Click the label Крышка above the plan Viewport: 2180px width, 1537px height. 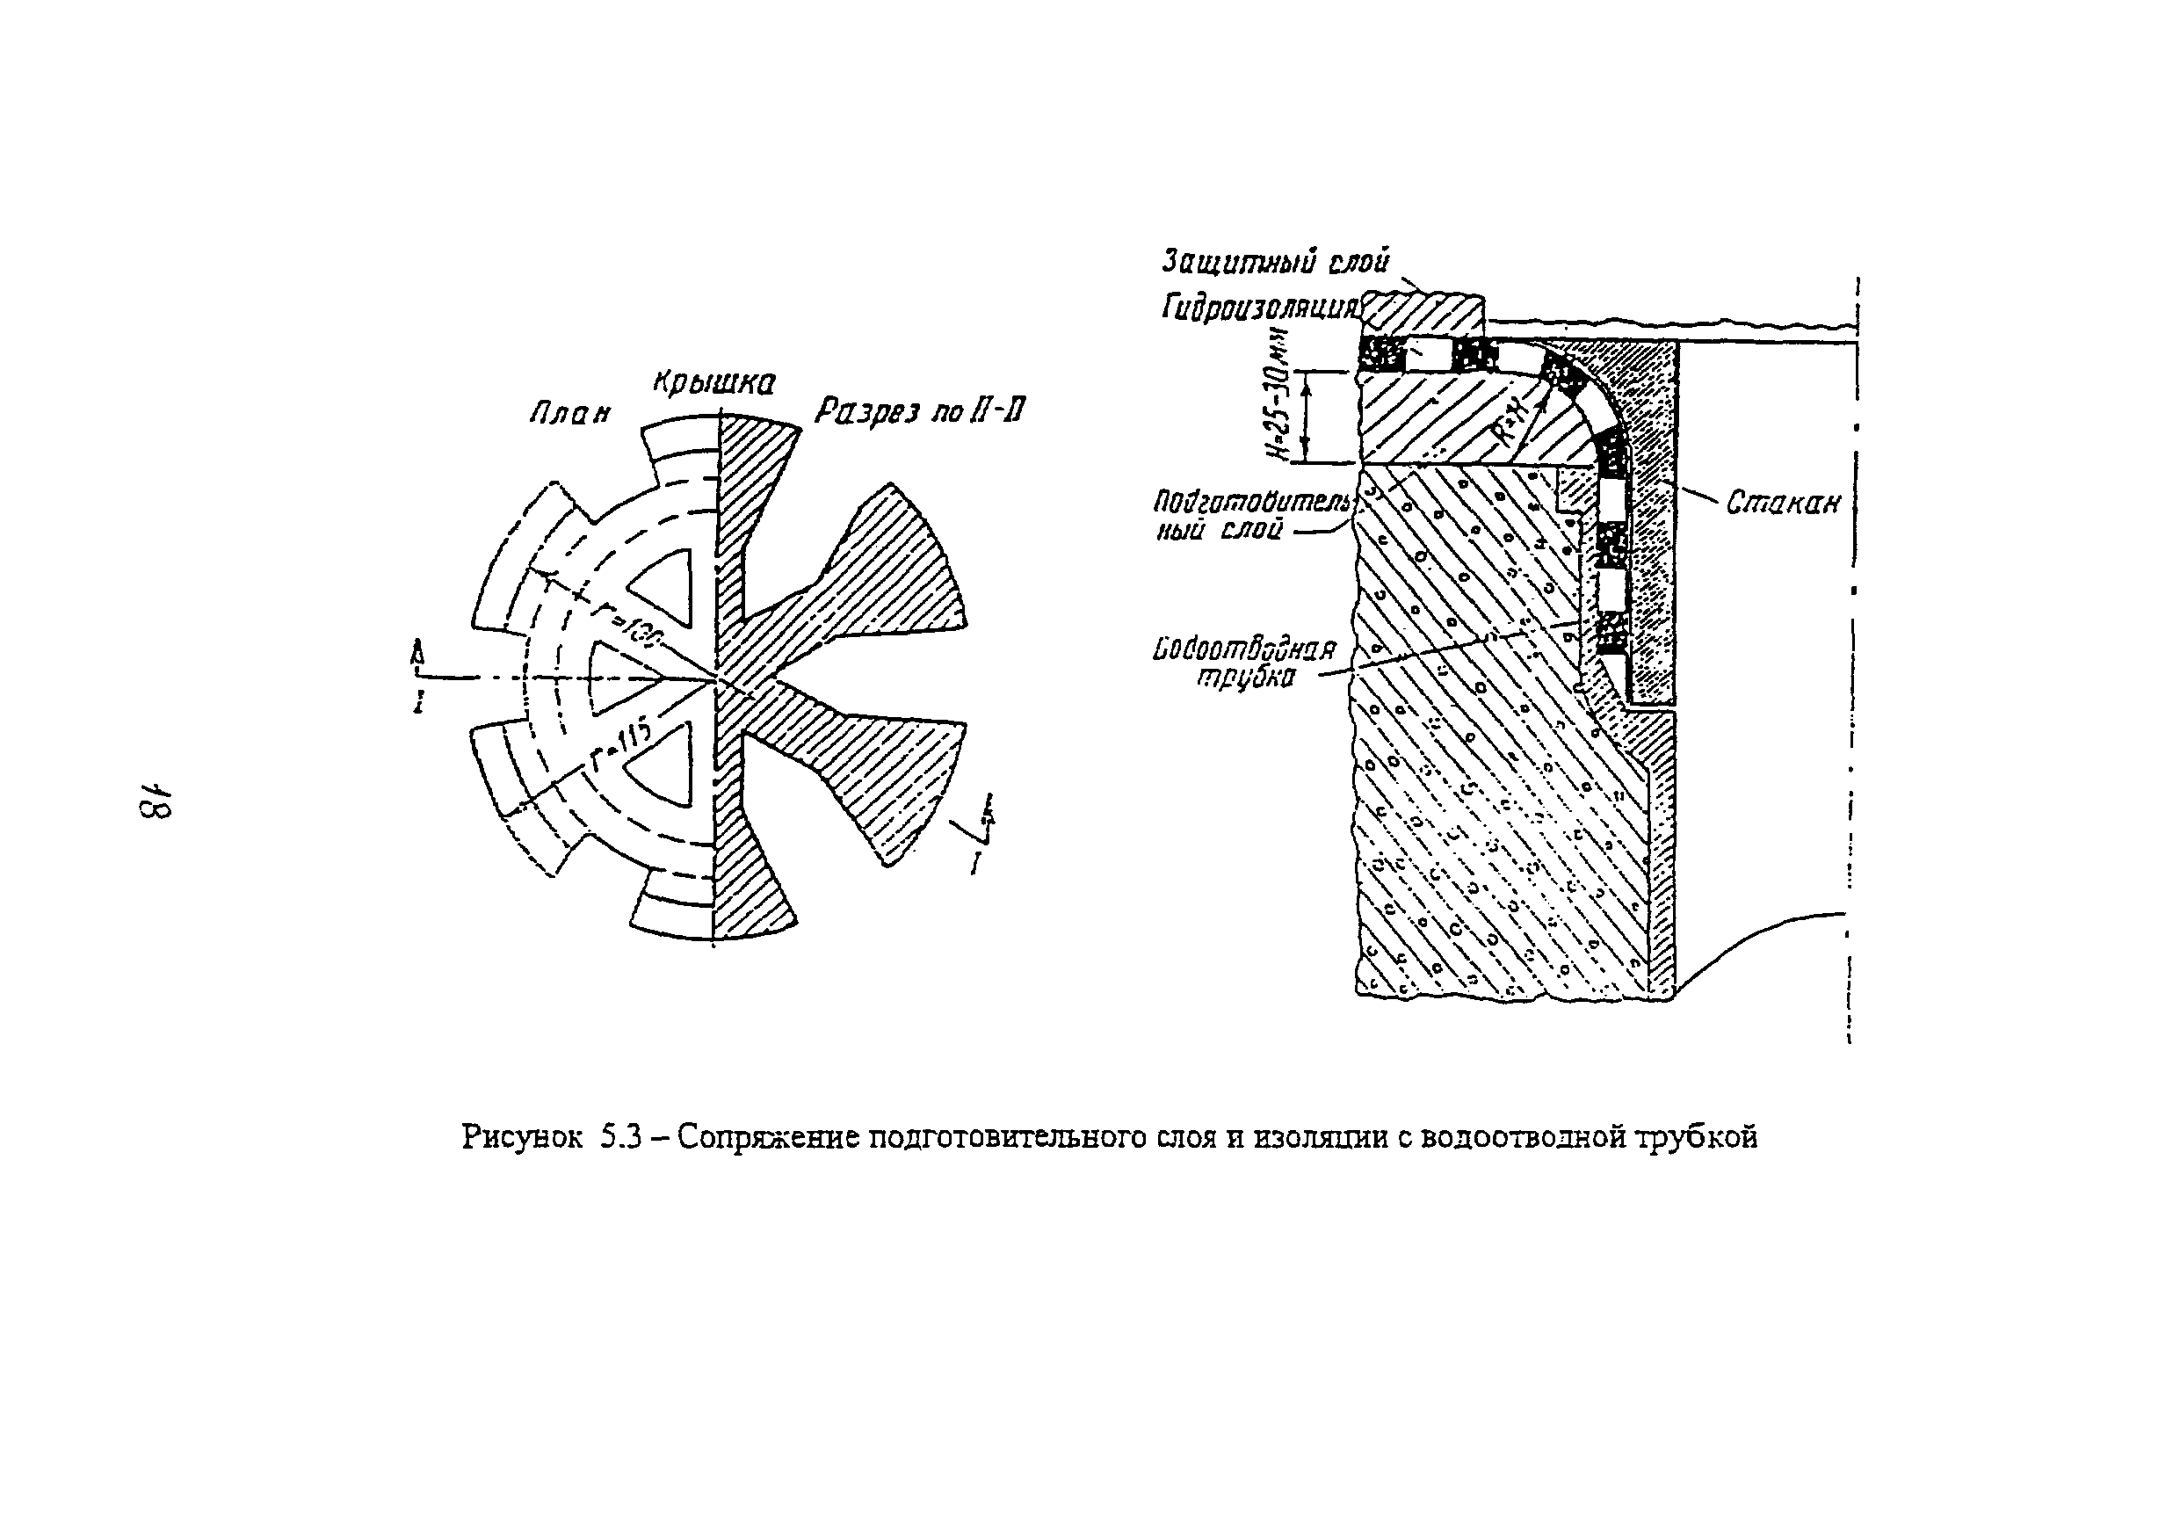coord(713,381)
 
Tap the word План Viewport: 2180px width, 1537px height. coord(569,413)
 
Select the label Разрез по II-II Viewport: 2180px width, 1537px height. coord(919,413)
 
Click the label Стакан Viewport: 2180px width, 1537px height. coord(1782,502)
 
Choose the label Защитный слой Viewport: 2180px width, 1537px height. coord(1275,260)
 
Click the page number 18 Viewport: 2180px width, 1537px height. coord(155,801)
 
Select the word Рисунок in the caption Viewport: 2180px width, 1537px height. coord(522,1136)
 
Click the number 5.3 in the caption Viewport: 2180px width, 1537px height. coord(622,1136)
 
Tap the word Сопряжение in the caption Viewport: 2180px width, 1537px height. coord(768,1136)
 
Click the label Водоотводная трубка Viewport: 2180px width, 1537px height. coord(1244,662)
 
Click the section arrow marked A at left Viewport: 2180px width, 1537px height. coord(416,655)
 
